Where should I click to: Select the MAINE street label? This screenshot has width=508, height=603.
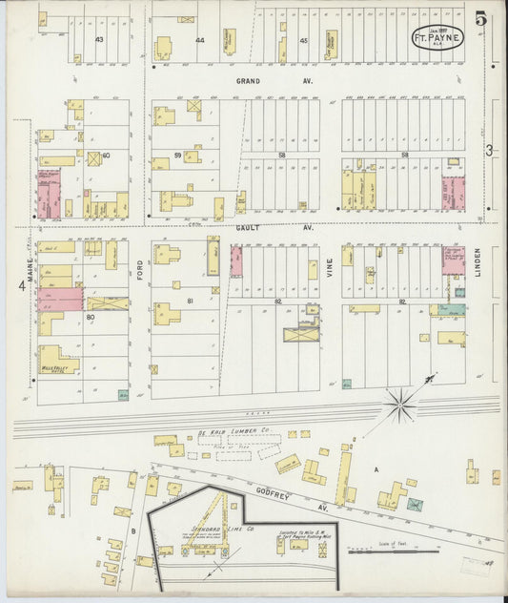tap(30, 258)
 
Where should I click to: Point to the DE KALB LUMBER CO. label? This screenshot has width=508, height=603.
tap(234, 432)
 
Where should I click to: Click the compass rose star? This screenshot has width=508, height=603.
tap(400, 405)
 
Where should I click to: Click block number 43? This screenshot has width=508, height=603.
tap(99, 40)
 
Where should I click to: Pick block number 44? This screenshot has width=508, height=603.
tap(200, 40)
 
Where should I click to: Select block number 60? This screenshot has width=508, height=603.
tap(106, 155)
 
